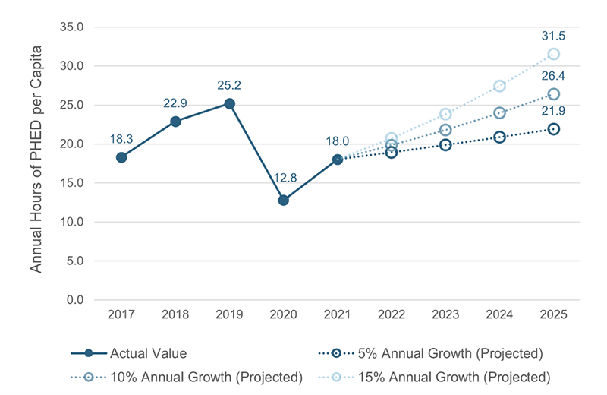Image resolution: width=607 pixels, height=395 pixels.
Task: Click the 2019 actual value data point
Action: [229, 103]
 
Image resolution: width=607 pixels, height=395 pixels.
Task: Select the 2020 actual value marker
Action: [283, 200]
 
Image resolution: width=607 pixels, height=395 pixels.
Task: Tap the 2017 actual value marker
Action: [121, 157]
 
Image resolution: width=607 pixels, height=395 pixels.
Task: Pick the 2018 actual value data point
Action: [175, 122]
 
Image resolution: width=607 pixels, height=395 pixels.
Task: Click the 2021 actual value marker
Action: [338, 160]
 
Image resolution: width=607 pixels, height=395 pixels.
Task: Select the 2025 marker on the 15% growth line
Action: [554, 54]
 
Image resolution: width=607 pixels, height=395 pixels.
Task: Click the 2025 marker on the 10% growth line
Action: [554, 94]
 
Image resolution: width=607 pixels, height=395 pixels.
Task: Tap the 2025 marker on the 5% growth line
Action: [554, 129]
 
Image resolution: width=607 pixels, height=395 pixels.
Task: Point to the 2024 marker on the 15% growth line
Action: [500, 86]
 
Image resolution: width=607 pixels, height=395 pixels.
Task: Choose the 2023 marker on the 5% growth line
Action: [445, 144]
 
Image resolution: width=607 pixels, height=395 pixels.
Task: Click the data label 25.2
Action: [229, 84]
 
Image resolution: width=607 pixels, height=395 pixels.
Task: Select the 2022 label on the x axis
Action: [392, 314]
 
